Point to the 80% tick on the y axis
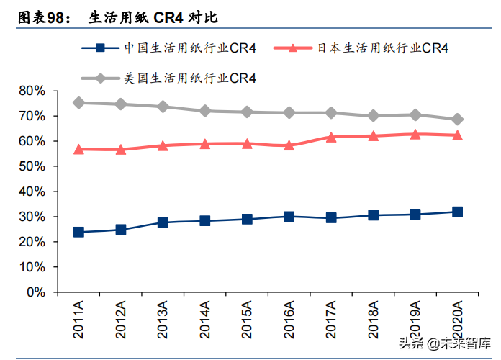32,91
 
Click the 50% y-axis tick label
32,166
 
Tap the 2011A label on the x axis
78,321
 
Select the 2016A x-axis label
289,321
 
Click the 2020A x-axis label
457,321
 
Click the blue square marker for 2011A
78,233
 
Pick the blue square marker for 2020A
457,212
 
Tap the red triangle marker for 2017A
331,136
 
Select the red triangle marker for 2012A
121,149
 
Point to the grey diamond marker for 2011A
78,103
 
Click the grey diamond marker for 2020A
457,119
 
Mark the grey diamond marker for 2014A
205,111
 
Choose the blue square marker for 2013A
163,222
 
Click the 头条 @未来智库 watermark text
446,344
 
